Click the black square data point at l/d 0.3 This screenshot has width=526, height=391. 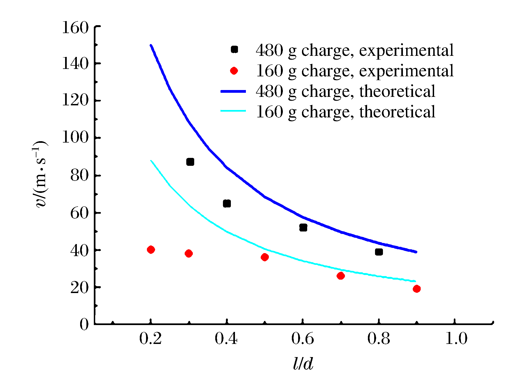(x=190, y=162)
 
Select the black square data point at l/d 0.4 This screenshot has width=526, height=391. (x=227, y=204)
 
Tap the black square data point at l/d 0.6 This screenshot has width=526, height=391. (x=303, y=227)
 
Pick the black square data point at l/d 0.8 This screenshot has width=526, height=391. (x=379, y=252)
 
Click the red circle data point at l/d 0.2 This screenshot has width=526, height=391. (x=151, y=250)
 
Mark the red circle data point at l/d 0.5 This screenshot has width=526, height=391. (x=265, y=257)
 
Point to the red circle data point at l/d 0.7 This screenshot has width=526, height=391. (x=341, y=276)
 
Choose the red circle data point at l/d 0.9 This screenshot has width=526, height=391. (x=417, y=289)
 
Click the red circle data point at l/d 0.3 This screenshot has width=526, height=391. (x=188, y=254)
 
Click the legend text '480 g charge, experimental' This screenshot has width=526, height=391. (x=355, y=50)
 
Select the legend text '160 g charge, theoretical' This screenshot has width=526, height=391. (x=345, y=112)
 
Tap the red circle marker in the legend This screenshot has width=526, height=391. (x=234, y=71)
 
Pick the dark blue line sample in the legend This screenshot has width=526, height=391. (x=233, y=91)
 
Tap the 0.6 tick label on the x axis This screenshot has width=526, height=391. (x=303, y=338)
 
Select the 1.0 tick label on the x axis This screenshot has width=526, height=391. (x=456, y=338)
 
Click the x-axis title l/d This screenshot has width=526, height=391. (x=303, y=364)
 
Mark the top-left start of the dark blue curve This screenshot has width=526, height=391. (x=151, y=45)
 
